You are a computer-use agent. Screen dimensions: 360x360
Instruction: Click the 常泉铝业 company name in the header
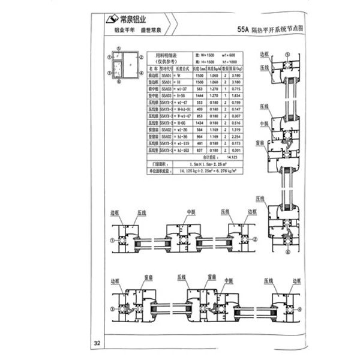(133, 19)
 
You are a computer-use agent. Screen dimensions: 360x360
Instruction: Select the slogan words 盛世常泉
(153, 29)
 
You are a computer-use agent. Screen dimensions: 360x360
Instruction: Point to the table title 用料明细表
(166, 54)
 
